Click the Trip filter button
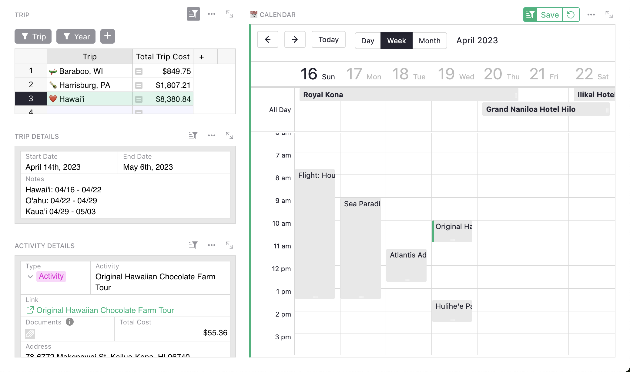tap(33, 37)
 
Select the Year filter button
tap(76, 37)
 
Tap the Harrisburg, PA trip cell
tap(85, 85)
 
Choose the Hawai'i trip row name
tap(72, 99)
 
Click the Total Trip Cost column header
tap(163, 57)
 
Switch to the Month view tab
tap(429, 41)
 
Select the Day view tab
tap(367, 41)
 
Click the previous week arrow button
tap(267, 39)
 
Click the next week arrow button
tap(295, 39)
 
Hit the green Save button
tap(549, 15)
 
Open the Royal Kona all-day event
tap(408, 95)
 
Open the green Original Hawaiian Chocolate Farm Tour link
tap(105, 310)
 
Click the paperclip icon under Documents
tap(30, 334)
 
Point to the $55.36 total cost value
tap(215, 333)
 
